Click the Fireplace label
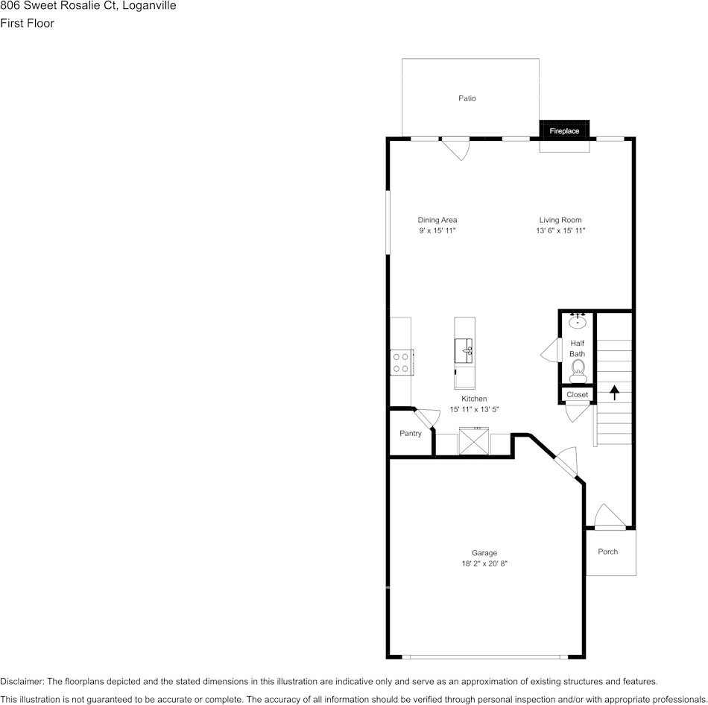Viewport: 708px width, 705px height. (564, 131)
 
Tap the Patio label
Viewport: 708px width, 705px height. (467, 98)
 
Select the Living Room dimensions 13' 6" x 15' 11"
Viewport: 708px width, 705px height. (560, 230)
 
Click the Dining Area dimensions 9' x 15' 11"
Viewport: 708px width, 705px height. (437, 230)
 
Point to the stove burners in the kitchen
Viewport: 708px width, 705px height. (401, 362)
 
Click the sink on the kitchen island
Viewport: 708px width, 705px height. (464, 350)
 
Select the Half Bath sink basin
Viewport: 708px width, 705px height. (578, 322)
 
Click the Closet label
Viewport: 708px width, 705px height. (577, 394)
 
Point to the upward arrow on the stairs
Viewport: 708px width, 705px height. (614, 393)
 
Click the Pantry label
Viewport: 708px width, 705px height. (411, 433)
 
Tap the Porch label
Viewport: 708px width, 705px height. (607, 551)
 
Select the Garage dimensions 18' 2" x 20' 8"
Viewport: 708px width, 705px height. (484, 563)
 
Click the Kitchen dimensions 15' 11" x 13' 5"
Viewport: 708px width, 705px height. (474, 409)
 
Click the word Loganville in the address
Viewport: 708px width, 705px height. (150, 6)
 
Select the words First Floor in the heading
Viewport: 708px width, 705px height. (27, 23)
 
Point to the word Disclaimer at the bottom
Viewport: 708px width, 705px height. (22, 681)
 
